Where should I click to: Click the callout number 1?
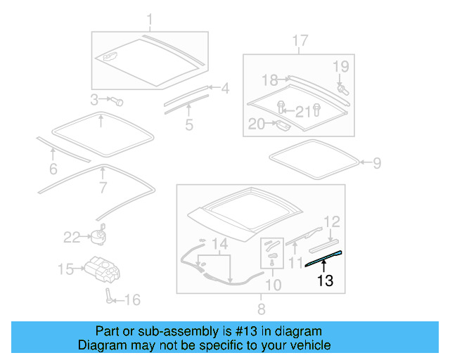[149, 18]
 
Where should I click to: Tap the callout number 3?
[95, 99]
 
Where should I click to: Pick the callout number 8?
[261, 308]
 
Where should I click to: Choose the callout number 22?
[72, 238]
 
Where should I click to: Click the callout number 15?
[65, 269]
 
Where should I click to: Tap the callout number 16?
[131, 300]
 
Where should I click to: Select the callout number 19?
[340, 67]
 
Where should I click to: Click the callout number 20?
[256, 124]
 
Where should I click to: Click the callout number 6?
[53, 169]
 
